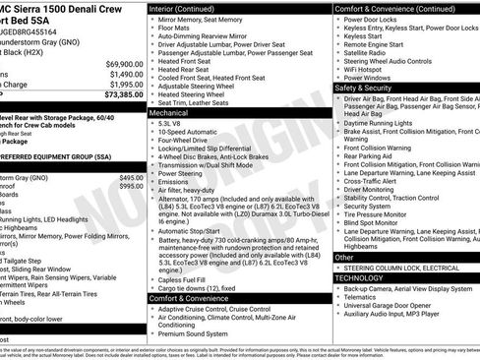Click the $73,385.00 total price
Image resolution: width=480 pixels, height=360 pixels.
tap(112, 94)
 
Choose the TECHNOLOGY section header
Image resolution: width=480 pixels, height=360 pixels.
tap(365, 277)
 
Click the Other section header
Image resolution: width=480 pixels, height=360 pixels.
tap(344, 257)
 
